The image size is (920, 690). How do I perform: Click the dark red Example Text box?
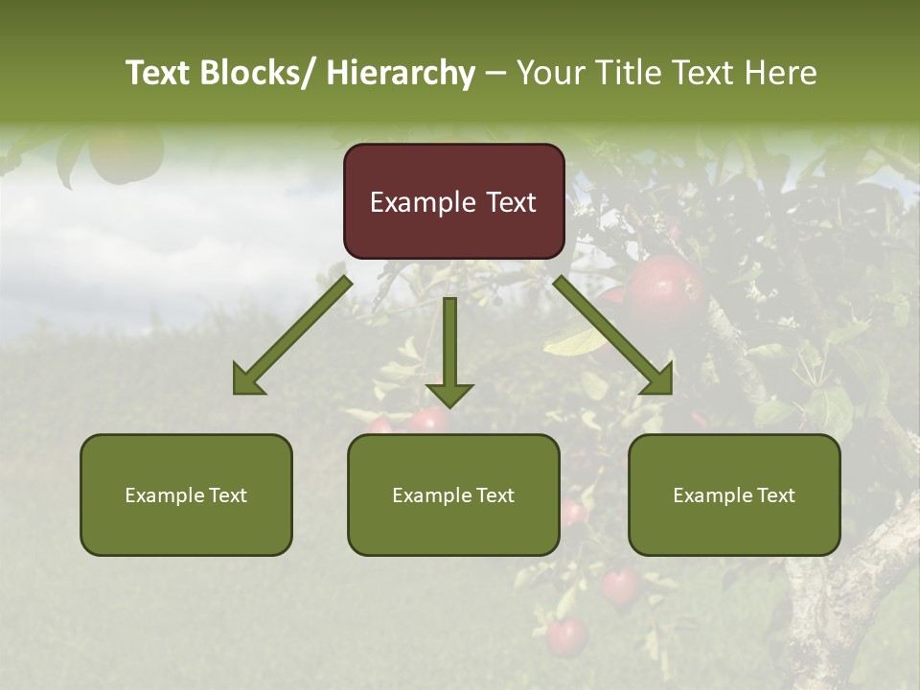(x=453, y=201)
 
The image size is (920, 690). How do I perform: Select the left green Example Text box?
(x=186, y=494)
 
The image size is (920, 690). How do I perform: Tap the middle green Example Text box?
(x=453, y=494)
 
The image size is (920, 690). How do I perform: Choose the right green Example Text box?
(x=734, y=494)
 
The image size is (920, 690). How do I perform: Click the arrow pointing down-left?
(x=292, y=335)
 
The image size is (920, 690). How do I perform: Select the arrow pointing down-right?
(x=613, y=335)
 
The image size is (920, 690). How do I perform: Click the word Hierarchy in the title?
(x=401, y=73)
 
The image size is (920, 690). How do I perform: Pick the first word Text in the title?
(x=160, y=73)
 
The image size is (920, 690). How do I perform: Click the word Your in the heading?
(x=553, y=73)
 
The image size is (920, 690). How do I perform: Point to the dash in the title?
(x=495, y=73)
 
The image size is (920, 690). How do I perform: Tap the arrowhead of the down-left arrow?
(x=247, y=380)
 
